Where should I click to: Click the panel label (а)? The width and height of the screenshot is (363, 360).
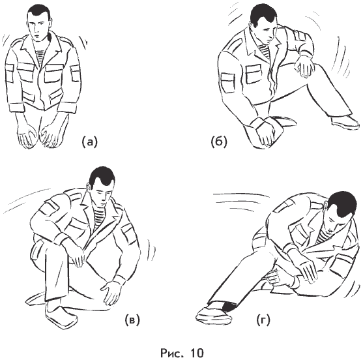pos(90,142)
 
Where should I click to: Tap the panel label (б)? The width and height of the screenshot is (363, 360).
pos(219,142)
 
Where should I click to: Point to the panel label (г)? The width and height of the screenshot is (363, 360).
pos(263,320)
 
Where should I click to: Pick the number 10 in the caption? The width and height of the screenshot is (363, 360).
pos(197,353)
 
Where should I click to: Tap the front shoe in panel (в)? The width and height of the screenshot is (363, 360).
pos(61,315)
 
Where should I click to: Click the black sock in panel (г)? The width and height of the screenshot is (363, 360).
pos(229,306)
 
